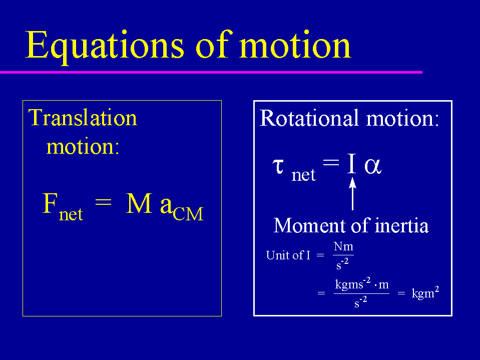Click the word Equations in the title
105,46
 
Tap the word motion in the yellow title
295,45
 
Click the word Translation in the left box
83,118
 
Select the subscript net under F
71,214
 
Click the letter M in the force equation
139,203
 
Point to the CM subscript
188,214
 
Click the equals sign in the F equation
104,202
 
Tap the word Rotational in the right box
309,118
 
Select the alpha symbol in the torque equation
373,167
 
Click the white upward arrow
353,193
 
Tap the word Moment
310,226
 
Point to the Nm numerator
343,246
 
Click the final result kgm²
425,292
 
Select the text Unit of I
288,255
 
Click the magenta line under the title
211,72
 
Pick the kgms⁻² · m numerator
362,284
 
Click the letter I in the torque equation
352,163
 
